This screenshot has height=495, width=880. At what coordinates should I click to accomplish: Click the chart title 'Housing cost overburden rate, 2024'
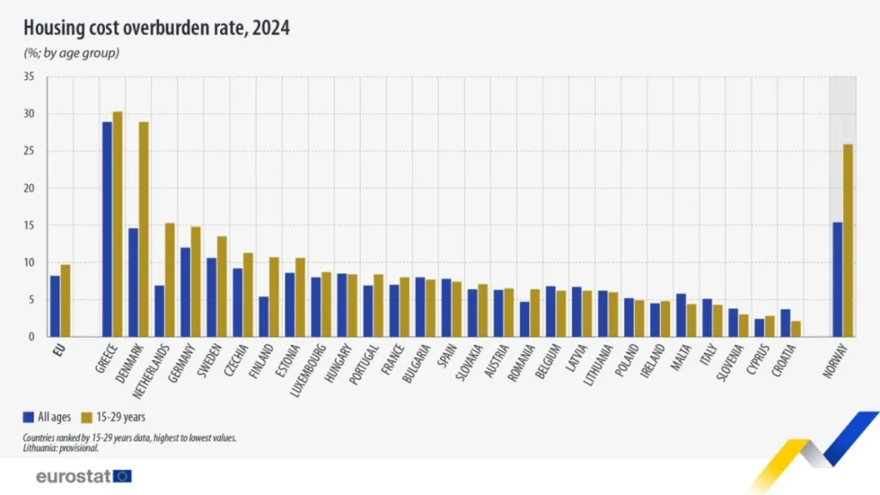point(156,28)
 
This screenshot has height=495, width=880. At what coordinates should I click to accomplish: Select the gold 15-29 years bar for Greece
point(118,224)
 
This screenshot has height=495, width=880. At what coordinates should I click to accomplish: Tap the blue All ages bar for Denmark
point(133,282)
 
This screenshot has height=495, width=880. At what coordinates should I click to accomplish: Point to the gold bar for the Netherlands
point(170,280)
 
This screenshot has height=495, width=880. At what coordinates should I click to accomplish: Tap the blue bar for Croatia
point(785,323)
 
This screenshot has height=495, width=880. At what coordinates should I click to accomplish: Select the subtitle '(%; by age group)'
point(70,53)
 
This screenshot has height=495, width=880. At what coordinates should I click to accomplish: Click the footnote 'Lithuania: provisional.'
point(61,448)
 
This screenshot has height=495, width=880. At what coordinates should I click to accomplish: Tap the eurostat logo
point(83,476)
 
